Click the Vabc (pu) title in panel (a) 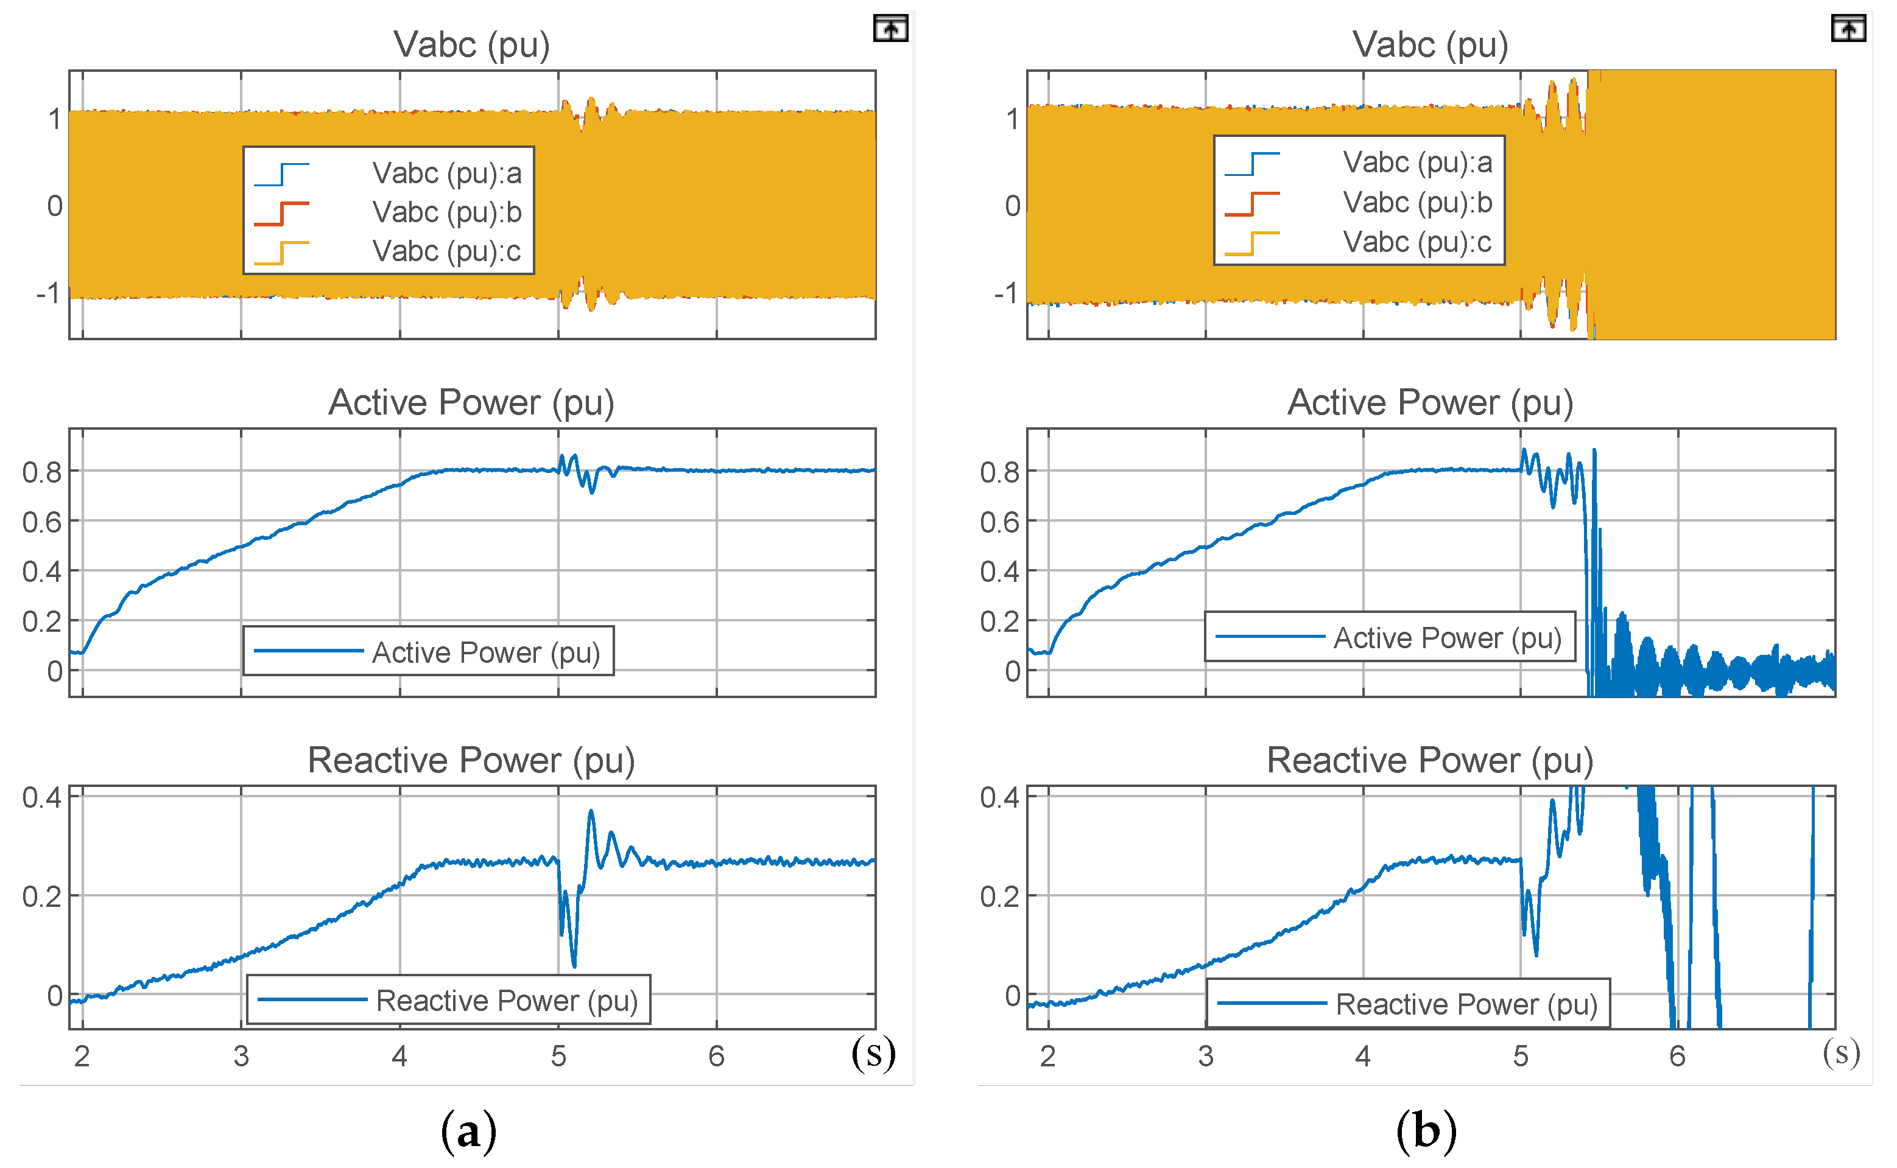[471, 45]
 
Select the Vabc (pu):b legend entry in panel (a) [446, 212]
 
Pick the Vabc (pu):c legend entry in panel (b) [1417, 242]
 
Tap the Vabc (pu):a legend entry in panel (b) [1417, 163]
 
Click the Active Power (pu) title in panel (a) [471, 402]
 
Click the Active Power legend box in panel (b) [1389, 637]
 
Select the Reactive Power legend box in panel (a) [448, 1001]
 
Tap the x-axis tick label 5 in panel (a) [558, 1056]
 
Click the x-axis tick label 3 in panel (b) [1205, 1056]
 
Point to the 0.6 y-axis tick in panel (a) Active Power [42, 522]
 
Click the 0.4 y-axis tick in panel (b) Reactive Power [1000, 797]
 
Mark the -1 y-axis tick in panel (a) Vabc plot [48, 293]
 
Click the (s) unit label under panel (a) [873, 1053]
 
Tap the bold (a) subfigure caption [468, 1131]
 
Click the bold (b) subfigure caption [1426, 1131]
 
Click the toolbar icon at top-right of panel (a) [890, 29]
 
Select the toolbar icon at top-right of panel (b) [1848, 29]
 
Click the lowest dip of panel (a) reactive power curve [573, 965]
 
